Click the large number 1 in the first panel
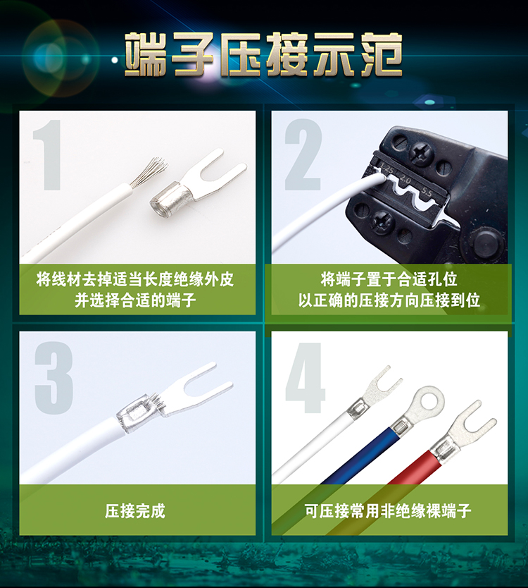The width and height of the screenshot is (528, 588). tap(49, 155)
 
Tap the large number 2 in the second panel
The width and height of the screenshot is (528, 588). tap(303, 154)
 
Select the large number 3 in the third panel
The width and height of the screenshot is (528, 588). tap(54, 378)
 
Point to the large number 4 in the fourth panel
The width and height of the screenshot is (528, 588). tap(306, 378)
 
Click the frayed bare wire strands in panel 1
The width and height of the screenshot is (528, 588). tap(148, 173)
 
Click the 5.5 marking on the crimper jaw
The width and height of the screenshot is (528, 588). tap(427, 192)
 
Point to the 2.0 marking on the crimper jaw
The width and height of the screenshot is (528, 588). tap(406, 180)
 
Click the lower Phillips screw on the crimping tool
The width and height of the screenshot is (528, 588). tap(382, 220)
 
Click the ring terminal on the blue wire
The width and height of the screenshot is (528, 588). tap(420, 410)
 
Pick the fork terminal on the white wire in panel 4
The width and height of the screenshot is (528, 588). tap(372, 393)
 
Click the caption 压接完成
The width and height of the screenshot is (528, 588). tap(135, 510)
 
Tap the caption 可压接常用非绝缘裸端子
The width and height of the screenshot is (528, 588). tap(388, 510)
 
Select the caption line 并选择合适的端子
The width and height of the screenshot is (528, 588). tap(135, 300)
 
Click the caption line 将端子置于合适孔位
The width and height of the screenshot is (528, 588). tap(389, 279)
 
